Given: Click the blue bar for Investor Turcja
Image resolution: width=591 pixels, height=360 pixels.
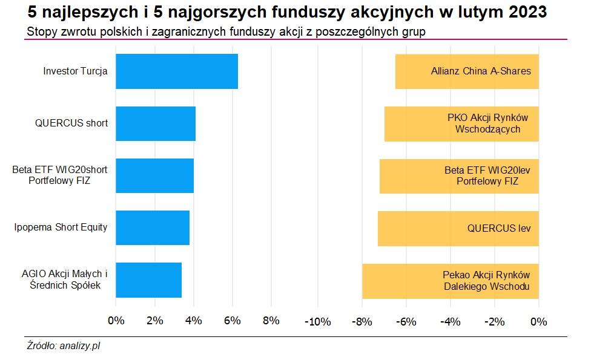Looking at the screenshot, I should point(176,71).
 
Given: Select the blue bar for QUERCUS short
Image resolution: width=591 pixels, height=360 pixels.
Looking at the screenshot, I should point(155,123).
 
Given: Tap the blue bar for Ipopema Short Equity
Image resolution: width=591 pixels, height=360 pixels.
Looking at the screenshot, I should point(152,227).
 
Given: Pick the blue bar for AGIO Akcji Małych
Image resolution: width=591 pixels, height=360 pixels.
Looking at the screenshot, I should point(148,280).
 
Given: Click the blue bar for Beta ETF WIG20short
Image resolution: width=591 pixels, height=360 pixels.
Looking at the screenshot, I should point(154,175).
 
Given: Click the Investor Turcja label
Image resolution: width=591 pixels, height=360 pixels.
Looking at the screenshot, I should point(75,71).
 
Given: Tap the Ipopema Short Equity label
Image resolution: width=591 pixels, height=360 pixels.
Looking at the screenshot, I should point(61,227).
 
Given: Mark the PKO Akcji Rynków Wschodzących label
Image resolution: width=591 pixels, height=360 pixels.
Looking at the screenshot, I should point(488,123).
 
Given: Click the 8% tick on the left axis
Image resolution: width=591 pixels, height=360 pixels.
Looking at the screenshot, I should point(271,321).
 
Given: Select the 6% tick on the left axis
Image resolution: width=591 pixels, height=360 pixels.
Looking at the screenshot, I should point(232,321).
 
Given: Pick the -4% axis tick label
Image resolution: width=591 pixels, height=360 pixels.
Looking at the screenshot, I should point(450,321).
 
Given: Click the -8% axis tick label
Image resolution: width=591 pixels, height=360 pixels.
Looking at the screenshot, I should point(362,321).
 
